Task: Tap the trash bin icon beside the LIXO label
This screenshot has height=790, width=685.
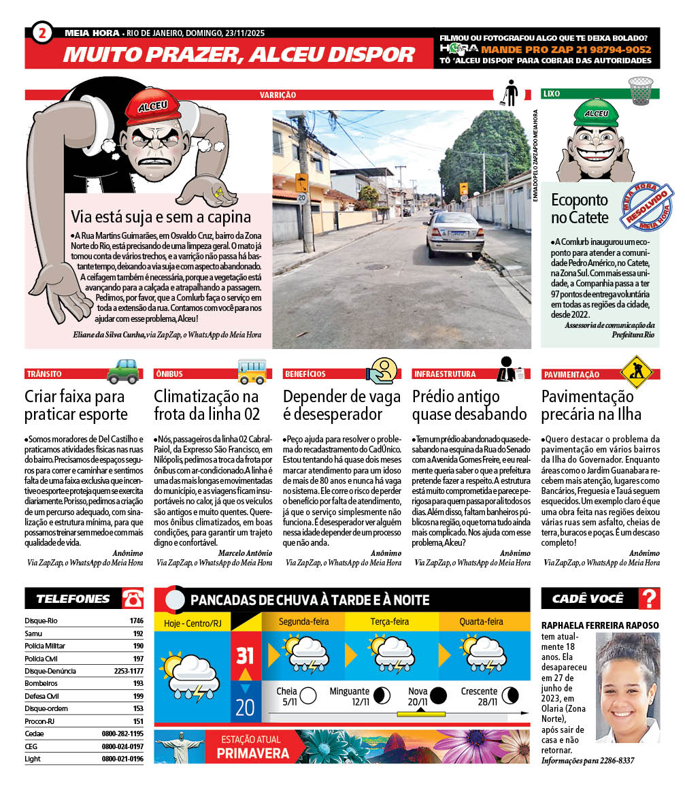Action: (640, 90)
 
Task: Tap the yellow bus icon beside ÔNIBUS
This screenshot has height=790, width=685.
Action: (252, 372)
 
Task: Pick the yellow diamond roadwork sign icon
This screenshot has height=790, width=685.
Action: (636, 372)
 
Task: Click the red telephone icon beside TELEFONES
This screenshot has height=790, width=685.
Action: (133, 599)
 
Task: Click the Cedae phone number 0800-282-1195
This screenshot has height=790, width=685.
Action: (122, 734)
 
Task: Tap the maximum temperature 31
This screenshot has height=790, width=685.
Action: (245, 656)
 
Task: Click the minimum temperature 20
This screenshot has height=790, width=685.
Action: (245, 707)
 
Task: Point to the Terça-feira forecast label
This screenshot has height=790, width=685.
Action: (389, 621)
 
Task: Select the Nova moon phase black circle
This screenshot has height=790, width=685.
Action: (438, 695)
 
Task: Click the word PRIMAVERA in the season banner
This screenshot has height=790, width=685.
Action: (252, 753)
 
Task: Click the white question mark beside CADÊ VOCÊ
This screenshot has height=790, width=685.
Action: (650, 599)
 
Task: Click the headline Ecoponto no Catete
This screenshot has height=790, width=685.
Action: (580, 208)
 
